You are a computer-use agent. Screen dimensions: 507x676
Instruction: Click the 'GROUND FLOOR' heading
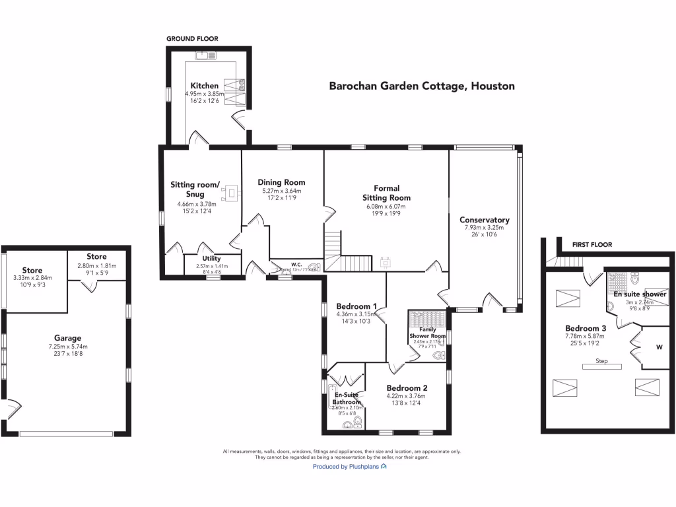pos(191,39)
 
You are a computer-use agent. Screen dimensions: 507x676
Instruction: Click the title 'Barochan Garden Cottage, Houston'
pos(422,86)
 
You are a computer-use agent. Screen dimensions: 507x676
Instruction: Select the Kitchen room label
pos(205,86)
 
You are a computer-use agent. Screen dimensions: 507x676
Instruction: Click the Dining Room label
pos(281,182)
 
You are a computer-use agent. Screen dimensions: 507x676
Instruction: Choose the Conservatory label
pos(485,220)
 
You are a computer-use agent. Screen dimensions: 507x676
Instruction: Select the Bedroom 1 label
pos(356,306)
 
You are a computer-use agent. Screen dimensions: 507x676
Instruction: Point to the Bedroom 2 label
pos(407,388)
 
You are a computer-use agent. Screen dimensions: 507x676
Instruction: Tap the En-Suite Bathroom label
pos(346,398)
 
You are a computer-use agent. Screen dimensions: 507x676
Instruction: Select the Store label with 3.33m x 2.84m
pos(32,270)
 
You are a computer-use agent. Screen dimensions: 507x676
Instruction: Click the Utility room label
pos(211,258)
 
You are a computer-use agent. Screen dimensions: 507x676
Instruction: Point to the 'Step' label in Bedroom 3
pos(601,361)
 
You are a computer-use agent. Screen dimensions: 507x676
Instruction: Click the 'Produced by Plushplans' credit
pos(349,466)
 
